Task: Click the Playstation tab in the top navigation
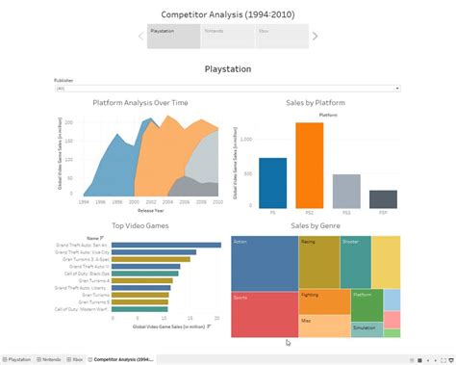click(174, 36)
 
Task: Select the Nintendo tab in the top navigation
click(228, 36)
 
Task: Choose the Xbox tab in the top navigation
click(282, 36)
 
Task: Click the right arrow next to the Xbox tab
click(315, 37)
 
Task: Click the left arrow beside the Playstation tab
click(141, 37)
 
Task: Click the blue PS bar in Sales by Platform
click(272, 183)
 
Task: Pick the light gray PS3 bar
click(346, 191)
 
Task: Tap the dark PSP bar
click(383, 198)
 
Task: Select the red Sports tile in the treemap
click(264, 314)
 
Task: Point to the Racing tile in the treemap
click(318, 261)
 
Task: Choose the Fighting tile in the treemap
click(324, 301)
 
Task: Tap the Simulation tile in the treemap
click(367, 329)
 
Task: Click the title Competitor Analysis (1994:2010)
click(227, 13)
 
